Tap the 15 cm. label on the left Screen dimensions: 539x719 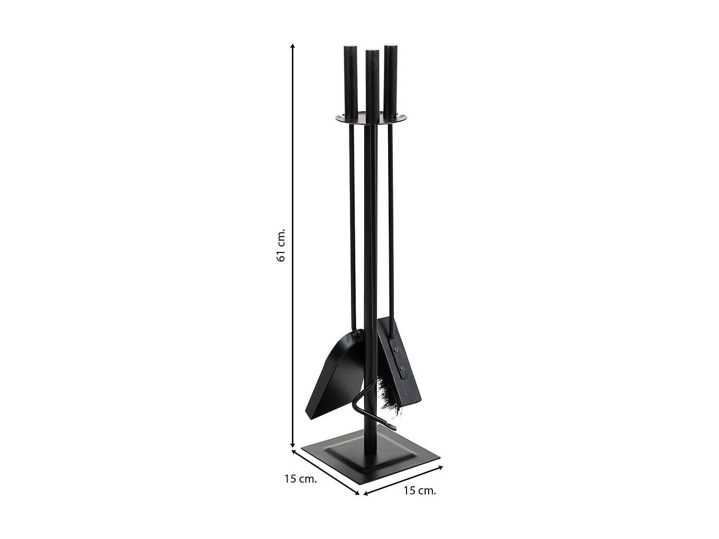tap(301, 479)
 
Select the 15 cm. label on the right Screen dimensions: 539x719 tap(420, 490)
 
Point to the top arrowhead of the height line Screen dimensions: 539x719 tap(292, 46)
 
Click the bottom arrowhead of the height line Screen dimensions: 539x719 tap(292, 446)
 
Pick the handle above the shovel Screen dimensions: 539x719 tap(350, 81)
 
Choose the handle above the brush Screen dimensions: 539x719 tap(390, 81)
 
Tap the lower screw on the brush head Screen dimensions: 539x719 tap(402, 368)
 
